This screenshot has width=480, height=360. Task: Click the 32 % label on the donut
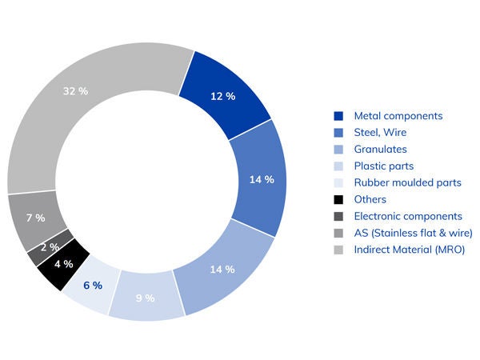[75, 91]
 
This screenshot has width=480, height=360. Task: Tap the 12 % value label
[222, 96]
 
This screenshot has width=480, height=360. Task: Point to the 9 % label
[145, 299]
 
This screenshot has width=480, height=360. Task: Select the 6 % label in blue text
[92, 286]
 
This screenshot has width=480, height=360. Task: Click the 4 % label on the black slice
[63, 264]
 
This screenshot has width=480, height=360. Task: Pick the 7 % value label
[35, 218]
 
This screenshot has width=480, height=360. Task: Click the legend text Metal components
[398, 116]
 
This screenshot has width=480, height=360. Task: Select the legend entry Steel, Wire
[382, 133]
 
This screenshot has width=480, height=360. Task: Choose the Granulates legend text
[380, 150]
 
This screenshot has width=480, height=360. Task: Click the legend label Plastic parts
[384, 166]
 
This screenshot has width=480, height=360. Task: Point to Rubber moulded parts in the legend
[407, 182]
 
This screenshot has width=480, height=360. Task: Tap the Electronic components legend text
[408, 216]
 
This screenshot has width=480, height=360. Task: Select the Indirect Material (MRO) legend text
[409, 250]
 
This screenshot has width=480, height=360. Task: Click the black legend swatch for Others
[338, 199]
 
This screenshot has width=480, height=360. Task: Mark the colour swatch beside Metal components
[338, 116]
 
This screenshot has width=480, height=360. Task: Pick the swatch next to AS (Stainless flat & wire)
[338, 233]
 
